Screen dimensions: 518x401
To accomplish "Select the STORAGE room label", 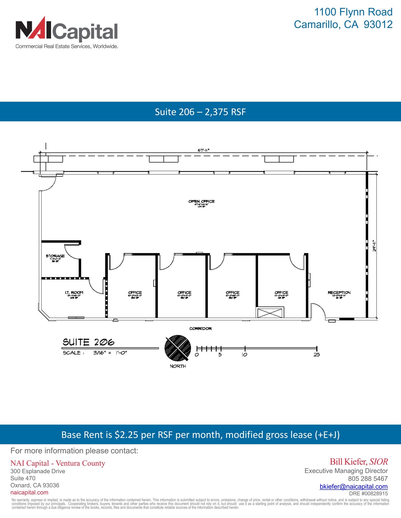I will point(55,256).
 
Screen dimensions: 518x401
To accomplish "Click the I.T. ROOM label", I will point(74,293).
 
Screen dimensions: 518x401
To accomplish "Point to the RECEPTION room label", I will point(339,293).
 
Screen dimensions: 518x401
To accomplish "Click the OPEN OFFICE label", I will point(201,201).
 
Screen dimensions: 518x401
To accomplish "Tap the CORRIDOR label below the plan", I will point(200,329).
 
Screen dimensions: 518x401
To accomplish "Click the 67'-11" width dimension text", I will point(203,150).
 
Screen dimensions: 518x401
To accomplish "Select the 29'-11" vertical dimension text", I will point(374,245).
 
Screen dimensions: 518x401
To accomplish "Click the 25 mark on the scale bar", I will point(317,355).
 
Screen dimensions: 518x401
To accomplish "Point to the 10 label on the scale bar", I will point(244,355).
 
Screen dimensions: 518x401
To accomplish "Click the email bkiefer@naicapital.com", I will point(353,486).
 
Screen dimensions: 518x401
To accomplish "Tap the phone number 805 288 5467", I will point(368,479).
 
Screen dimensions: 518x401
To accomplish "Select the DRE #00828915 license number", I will point(368,493).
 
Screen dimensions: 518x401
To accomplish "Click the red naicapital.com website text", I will point(29,492).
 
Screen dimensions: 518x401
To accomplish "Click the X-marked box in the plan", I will point(271,312).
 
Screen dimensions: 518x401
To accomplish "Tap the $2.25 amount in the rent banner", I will point(126,435).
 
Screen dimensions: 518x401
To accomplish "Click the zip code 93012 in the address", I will point(378,24).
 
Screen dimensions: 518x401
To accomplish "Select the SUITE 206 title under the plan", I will point(89,342).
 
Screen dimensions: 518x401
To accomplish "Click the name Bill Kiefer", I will point(348,462).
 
